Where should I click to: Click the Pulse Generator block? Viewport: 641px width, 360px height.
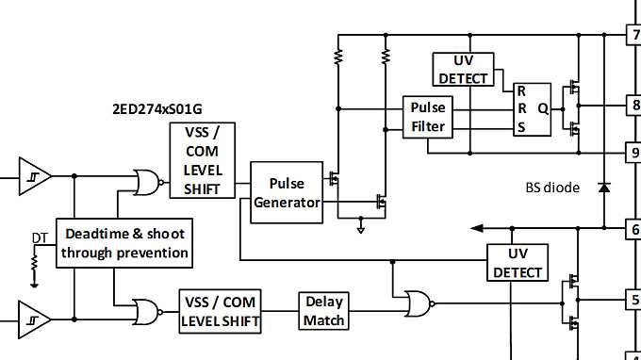pos(287,192)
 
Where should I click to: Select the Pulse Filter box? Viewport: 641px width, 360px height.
pos(428,117)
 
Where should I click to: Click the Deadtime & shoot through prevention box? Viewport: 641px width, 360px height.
pos(124,243)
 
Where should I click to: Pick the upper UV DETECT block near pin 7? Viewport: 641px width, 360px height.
pos(461,68)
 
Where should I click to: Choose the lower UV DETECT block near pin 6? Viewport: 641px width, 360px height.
pos(517,262)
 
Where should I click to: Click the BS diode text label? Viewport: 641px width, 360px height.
pos(552,188)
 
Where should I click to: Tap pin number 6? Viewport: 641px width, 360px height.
pos(634,228)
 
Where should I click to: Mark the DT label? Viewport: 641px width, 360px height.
pos(39,237)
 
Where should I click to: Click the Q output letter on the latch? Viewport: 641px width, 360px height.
pos(542,107)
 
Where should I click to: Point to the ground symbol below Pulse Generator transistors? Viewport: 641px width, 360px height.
pos(361,226)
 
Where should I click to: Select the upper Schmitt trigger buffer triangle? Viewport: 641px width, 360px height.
pos(34,174)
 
